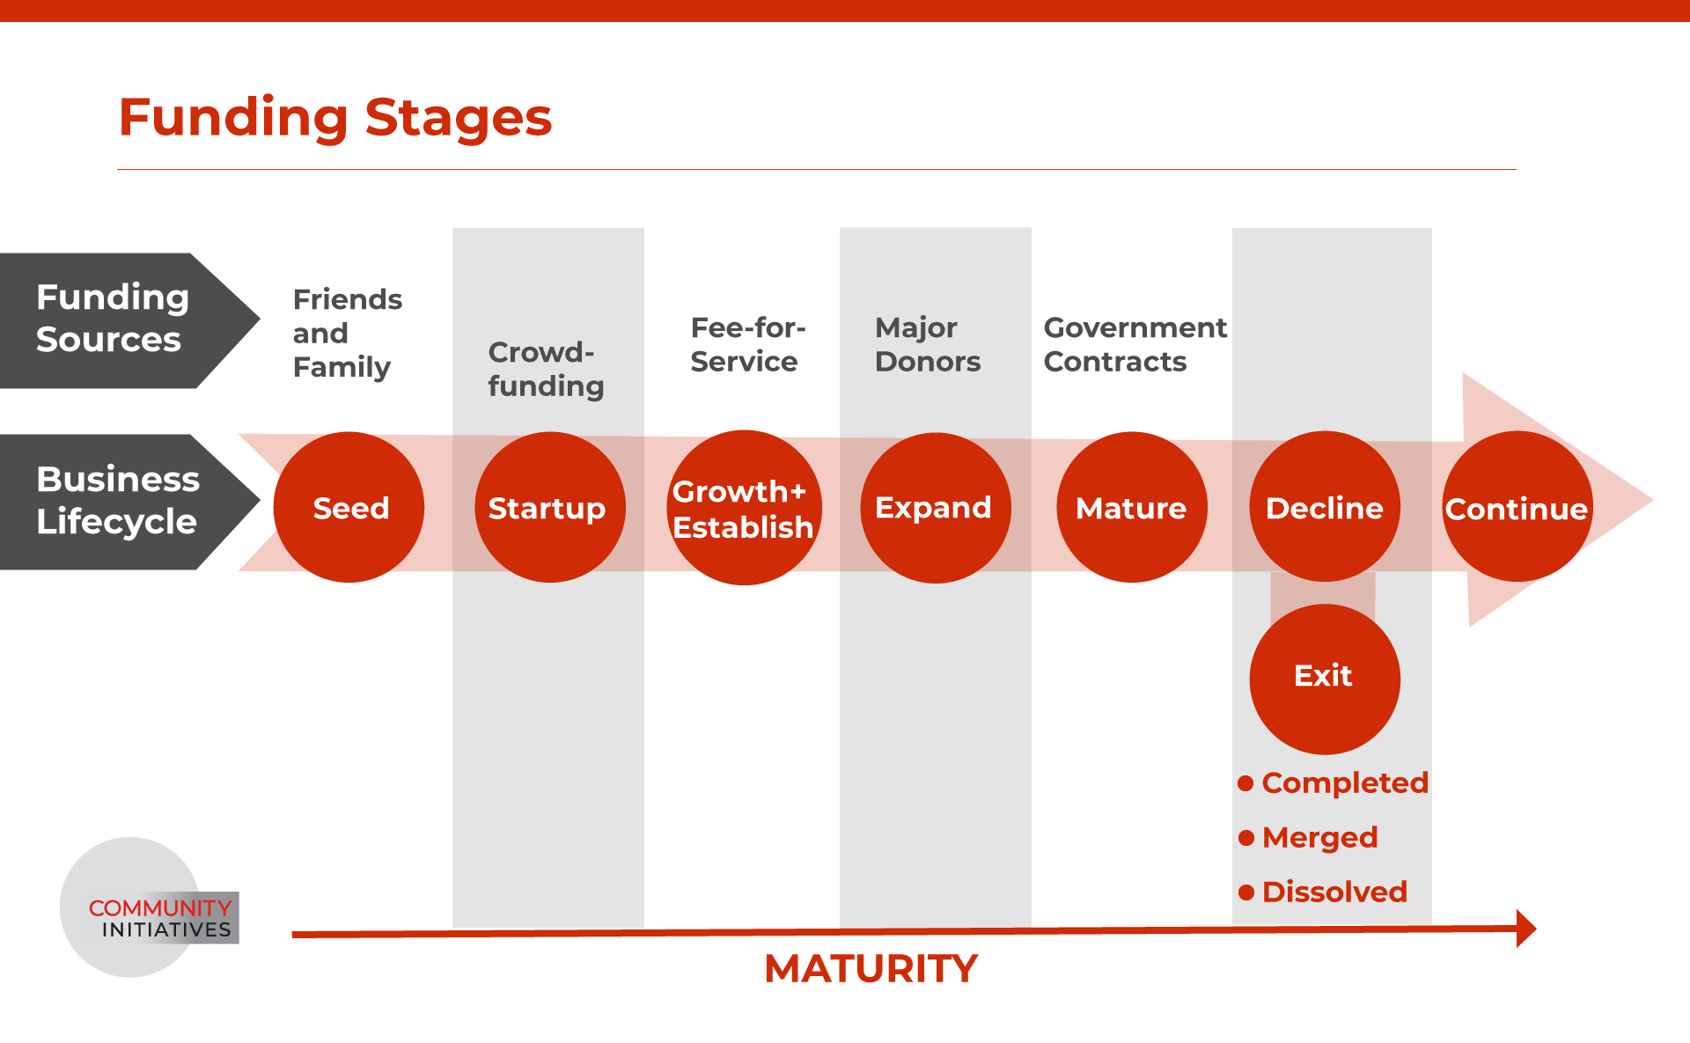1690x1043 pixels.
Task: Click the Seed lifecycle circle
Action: point(349,507)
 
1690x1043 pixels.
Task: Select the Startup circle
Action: point(550,507)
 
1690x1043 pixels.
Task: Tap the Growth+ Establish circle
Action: point(745,508)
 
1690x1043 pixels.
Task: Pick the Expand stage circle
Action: point(936,508)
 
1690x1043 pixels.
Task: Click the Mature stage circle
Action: point(1132,507)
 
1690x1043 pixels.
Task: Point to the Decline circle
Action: point(1325,506)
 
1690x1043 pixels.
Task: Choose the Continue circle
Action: point(1517,506)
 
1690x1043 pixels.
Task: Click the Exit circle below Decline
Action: point(1325,679)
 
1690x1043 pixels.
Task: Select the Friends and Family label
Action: point(348,333)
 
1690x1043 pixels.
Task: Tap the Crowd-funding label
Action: point(546,369)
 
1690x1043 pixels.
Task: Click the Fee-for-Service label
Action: point(748,344)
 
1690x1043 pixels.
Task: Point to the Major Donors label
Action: point(928,344)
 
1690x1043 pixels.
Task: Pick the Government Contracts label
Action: point(1135,344)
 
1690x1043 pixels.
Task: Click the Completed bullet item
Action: point(1334,782)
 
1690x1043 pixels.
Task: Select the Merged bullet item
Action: point(1308,837)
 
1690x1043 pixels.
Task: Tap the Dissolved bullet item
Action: point(1323,892)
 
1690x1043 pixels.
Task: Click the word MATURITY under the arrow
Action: point(871,969)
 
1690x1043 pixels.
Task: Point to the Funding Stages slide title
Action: point(335,117)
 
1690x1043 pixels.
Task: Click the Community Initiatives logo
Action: point(150,907)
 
